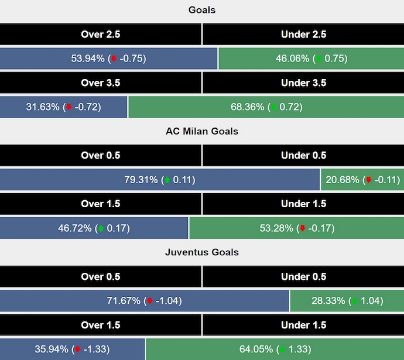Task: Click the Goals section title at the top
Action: [202, 10]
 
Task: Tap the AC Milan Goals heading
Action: [202, 131]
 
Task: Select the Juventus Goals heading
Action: [202, 252]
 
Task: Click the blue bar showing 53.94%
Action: [108, 59]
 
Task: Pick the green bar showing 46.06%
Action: [311, 59]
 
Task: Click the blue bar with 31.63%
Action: [63, 107]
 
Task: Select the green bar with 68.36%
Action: [266, 107]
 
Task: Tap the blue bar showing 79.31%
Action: [160, 180]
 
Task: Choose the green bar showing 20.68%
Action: [362, 180]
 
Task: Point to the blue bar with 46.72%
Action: [94, 228]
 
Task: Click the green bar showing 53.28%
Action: [296, 228]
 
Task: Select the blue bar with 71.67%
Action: [144, 301]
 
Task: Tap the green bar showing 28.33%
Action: [347, 301]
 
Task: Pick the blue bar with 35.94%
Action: [72, 349]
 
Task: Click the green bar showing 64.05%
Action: [275, 349]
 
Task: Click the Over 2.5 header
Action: [101, 35]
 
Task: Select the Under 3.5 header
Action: [303, 83]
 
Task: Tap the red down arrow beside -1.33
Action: [77, 350]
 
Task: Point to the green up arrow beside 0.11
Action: [167, 180]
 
